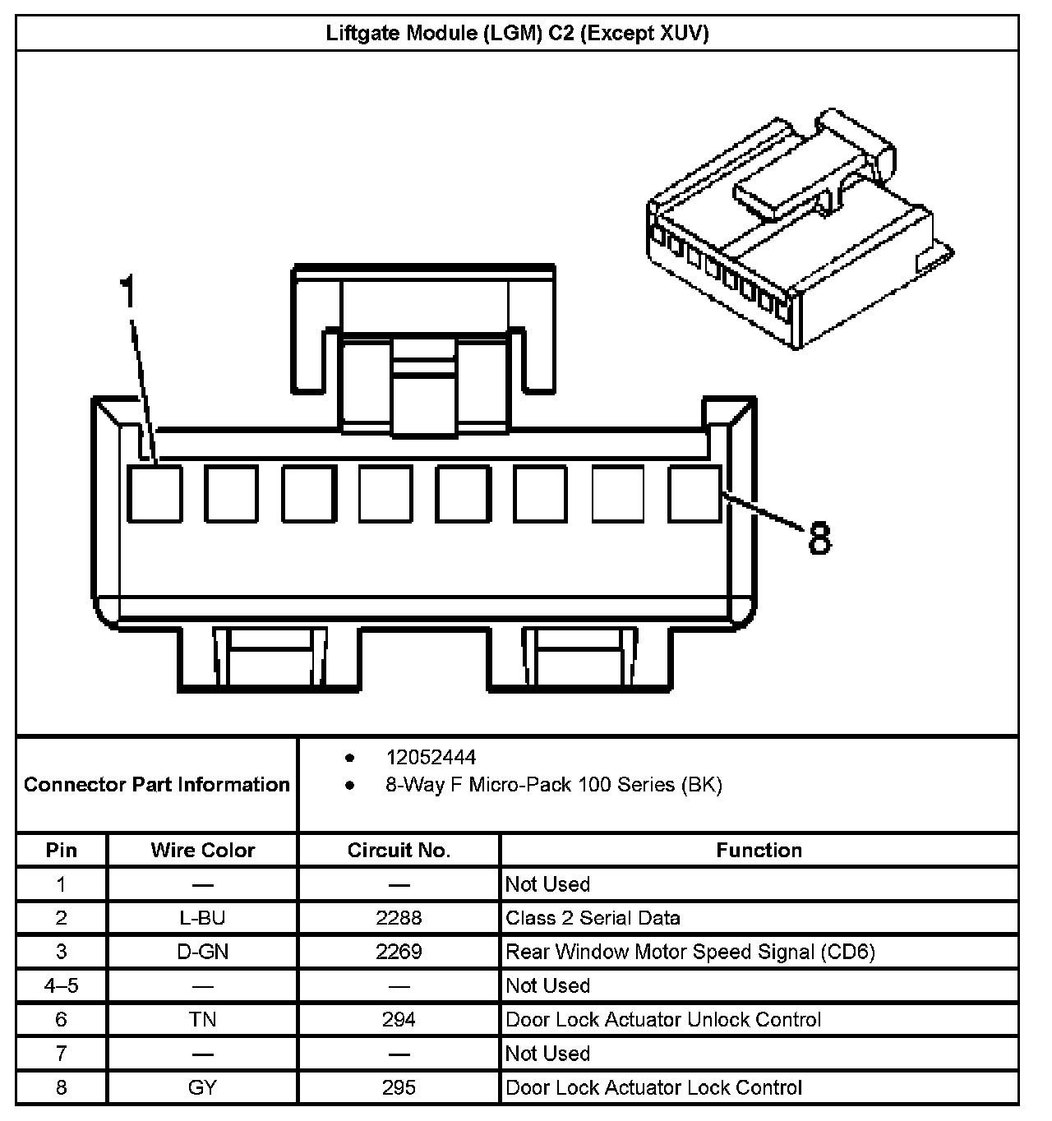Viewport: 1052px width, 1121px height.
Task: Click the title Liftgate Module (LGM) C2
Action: point(517,33)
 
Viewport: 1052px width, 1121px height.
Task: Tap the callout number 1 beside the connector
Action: point(127,293)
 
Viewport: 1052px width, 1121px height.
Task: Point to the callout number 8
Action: point(819,539)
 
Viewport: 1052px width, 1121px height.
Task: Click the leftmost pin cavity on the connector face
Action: point(155,493)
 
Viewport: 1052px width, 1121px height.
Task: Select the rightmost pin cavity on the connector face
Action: point(695,493)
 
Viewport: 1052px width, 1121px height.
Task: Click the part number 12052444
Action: point(431,757)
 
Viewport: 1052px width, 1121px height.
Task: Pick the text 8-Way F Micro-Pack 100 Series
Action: point(553,785)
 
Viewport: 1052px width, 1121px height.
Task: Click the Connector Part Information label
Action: point(156,785)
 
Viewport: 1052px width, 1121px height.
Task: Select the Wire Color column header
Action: point(202,851)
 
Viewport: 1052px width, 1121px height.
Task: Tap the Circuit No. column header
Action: point(399,851)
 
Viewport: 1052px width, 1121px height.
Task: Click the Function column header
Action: point(759,851)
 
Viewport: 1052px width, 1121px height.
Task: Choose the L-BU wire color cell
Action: point(202,918)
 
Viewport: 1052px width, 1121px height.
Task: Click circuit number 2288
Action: point(399,918)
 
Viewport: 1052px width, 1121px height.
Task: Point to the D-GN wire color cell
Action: point(202,952)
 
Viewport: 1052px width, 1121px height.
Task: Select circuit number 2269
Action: point(399,952)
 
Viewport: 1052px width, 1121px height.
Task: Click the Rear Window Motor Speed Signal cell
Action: point(690,952)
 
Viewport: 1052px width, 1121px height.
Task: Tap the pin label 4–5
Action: point(61,985)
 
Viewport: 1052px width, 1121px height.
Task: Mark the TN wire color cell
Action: point(202,1020)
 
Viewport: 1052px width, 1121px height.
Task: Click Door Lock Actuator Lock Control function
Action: point(653,1088)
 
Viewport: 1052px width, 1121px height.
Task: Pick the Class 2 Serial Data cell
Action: point(593,918)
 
